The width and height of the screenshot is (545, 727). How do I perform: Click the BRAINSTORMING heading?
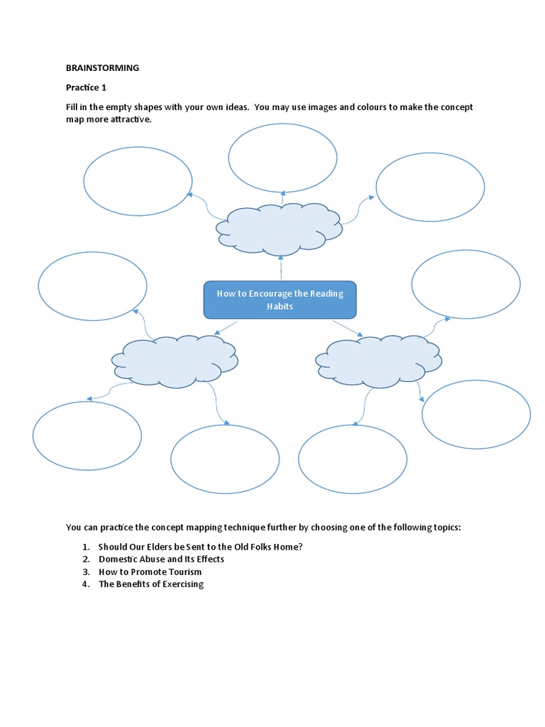102,68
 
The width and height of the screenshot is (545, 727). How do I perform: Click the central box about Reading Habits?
280,300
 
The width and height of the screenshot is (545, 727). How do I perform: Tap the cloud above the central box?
280,227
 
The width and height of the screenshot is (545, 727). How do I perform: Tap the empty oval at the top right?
430,187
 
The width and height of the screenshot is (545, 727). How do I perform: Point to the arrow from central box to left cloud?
226,327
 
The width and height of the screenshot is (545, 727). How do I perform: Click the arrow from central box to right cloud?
347,328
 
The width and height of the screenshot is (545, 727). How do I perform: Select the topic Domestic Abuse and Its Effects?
161,559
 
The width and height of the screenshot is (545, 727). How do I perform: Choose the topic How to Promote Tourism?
150,572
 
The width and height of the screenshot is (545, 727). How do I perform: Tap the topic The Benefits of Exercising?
150,584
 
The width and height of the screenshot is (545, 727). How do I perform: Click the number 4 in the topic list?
84,584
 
